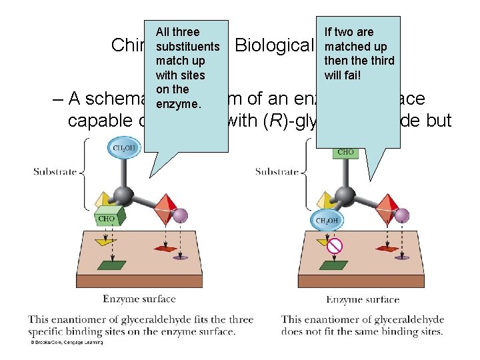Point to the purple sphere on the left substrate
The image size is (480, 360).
coord(180,215)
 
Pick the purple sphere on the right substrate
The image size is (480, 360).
coord(402,215)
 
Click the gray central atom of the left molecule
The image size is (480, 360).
coord(123,195)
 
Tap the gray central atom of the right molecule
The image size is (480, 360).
coord(344,195)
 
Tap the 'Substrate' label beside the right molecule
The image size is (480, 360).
coord(277,172)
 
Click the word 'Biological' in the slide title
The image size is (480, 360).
coord(274,45)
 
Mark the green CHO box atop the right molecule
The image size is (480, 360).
coord(345,153)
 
